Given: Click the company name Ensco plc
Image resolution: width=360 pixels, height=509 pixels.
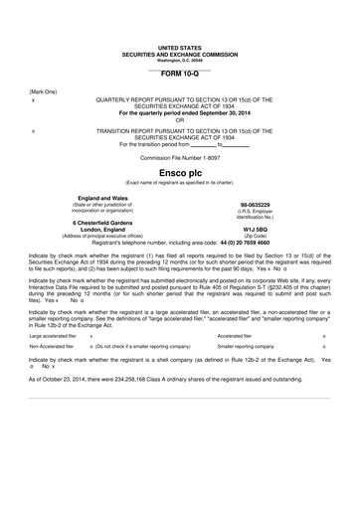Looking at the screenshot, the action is tap(180, 172).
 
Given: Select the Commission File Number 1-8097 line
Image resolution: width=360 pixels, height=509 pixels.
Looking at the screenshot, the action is tap(180, 157).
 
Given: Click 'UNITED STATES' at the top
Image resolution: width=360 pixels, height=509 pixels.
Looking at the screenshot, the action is tap(180, 47).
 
